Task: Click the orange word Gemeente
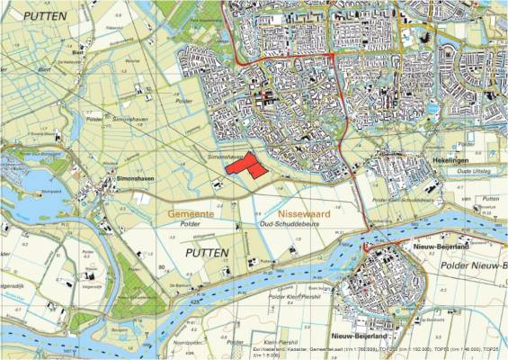[190, 214]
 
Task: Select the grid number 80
[162, 267]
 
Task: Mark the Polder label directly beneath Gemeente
[189, 228]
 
